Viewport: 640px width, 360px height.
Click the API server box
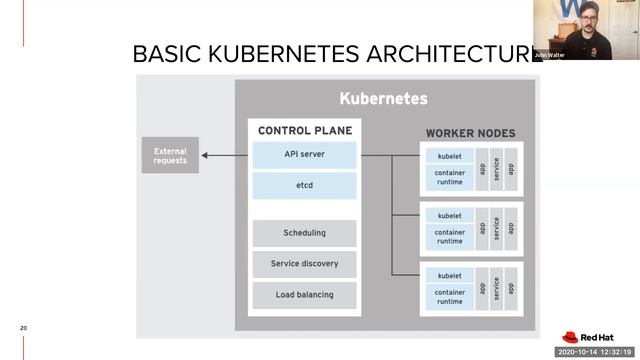pyautogui.click(x=304, y=154)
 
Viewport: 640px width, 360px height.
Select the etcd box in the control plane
pyautogui.click(x=304, y=185)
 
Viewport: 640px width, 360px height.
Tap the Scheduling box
pyautogui.click(x=304, y=233)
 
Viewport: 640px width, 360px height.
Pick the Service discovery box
pyautogui.click(x=304, y=264)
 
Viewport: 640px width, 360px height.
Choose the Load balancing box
pyautogui.click(x=304, y=295)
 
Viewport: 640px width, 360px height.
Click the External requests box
pyautogui.click(x=169, y=155)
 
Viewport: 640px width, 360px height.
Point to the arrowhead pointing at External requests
pyautogui.click(x=205, y=155)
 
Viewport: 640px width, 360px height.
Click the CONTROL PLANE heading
pyautogui.click(x=304, y=131)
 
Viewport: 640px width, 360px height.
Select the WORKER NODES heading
pyautogui.click(x=471, y=133)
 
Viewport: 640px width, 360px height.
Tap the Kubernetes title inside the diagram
pyautogui.click(x=383, y=99)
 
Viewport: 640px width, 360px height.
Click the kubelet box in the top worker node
pyautogui.click(x=450, y=156)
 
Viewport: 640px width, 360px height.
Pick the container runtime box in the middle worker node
pyautogui.click(x=450, y=236)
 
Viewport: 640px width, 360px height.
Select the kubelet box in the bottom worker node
pyautogui.click(x=450, y=275)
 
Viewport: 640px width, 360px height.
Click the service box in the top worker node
pyautogui.click(x=496, y=168)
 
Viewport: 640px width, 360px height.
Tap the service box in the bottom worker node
pyautogui.click(x=496, y=288)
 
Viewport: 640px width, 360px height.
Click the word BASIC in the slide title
pyautogui.click(x=164, y=54)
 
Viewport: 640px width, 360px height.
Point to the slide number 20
pyautogui.click(x=23, y=328)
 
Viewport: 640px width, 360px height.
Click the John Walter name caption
pyautogui.click(x=549, y=55)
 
